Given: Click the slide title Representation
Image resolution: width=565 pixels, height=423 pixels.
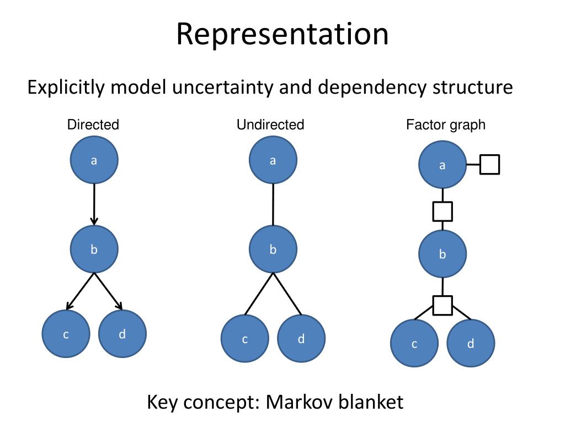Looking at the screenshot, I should [282, 34].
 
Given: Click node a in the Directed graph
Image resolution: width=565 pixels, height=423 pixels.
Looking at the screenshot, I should [94, 160].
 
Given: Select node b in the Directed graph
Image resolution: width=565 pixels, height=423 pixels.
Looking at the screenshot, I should [94, 249].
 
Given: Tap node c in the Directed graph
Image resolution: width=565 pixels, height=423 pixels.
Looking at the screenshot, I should [66, 334].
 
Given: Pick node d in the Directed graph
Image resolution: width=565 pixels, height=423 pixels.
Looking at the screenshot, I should [122, 334].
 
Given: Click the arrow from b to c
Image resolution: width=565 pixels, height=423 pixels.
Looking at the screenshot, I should [81, 290].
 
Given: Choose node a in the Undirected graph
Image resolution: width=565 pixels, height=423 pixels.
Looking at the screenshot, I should [273, 160].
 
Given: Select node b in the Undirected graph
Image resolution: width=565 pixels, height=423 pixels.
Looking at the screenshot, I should [273, 249].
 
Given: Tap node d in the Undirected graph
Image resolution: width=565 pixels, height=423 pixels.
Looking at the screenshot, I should [301, 339].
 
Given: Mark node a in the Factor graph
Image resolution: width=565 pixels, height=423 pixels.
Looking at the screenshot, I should [442, 165].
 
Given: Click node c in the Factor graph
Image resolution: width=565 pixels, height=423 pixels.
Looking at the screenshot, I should [414, 344].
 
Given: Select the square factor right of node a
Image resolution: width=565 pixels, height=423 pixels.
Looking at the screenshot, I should [489, 165].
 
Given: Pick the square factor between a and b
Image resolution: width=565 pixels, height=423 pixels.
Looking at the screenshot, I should [443, 211].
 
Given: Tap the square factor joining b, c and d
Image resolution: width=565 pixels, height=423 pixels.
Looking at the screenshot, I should [443, 305].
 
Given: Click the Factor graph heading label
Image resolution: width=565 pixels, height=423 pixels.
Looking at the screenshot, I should [446, 125].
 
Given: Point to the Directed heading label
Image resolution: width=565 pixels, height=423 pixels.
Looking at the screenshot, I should [93, 125].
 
